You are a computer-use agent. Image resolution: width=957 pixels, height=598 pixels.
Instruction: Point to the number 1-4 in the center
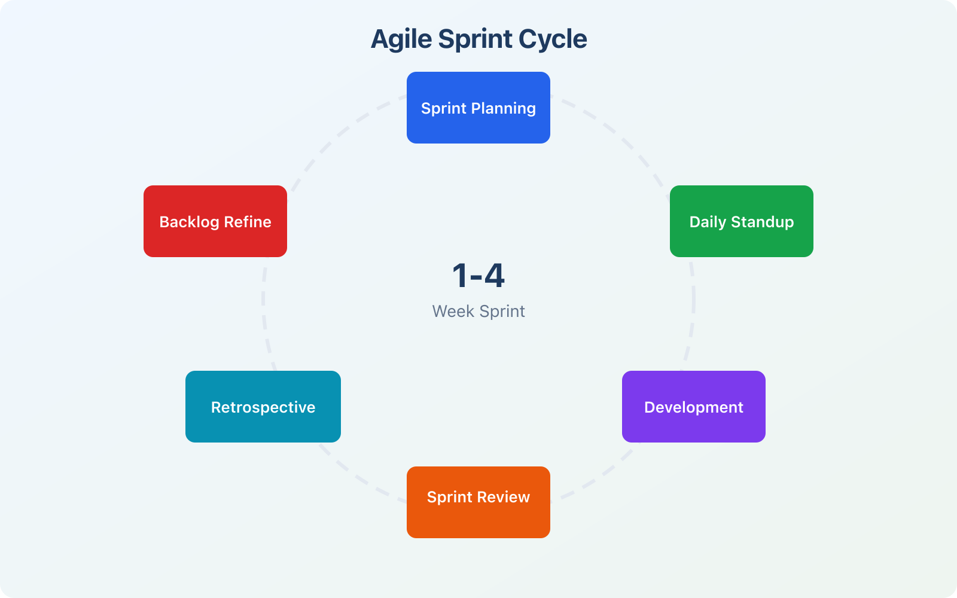pos(478,276)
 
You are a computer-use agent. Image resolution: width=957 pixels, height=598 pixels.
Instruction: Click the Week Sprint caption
pos(478,312)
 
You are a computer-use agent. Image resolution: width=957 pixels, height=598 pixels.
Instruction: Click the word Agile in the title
pos(401,39)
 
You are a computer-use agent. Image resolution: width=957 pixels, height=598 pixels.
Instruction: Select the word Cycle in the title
pos(553,39)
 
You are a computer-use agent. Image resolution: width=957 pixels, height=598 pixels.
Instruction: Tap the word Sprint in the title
pos(476,39)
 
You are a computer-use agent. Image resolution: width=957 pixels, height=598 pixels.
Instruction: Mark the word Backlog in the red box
pos(189,222)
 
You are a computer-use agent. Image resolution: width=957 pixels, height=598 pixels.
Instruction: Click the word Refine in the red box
pos(248,222)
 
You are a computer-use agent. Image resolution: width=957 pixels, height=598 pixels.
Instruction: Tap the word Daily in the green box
pos(708,222)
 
